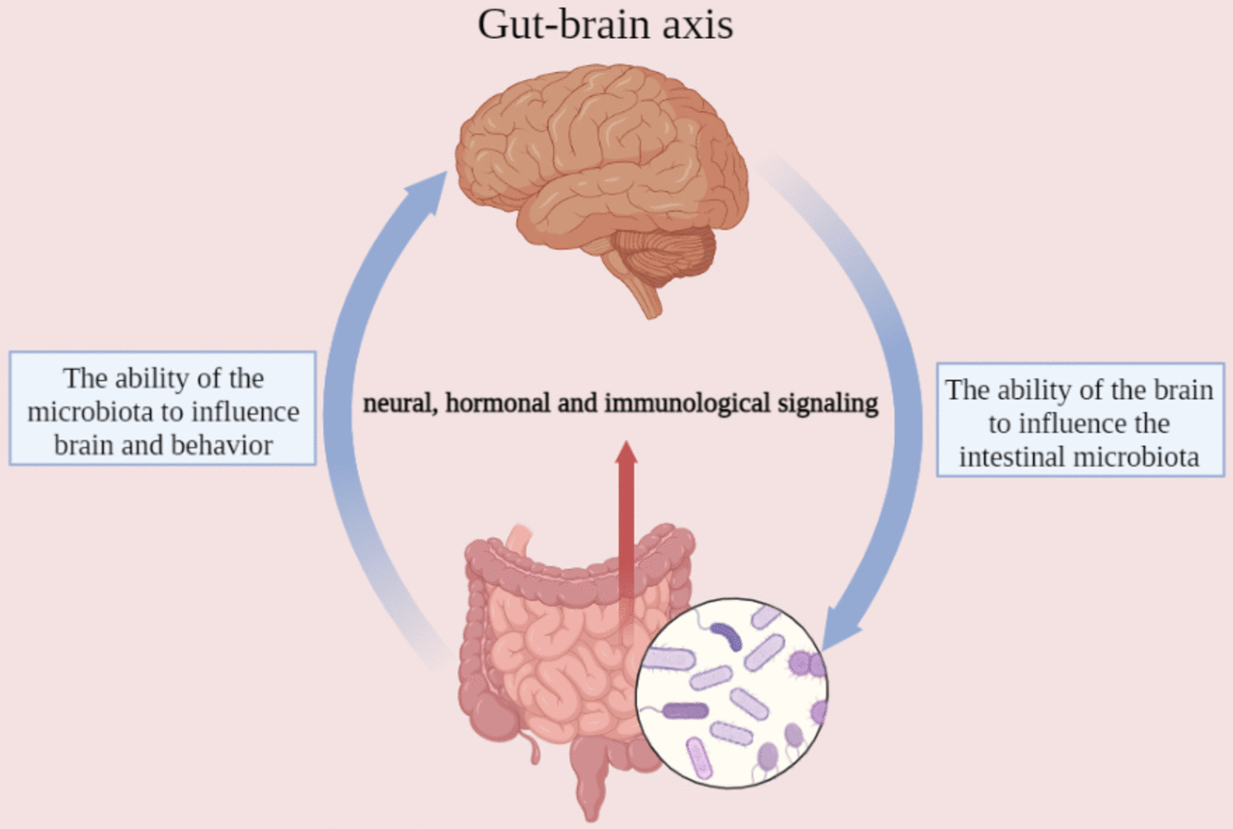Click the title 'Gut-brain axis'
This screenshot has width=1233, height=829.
click(x=605, y=25)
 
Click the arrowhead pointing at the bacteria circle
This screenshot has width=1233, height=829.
click(x=838, y=631)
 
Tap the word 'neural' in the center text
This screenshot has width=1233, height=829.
click(x=399, y=403)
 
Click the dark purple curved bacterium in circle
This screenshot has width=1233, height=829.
click(x=728, y=635)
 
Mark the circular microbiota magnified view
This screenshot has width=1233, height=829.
click(x=731, y=692)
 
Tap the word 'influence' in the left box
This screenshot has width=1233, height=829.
click(x=245, y=411)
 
